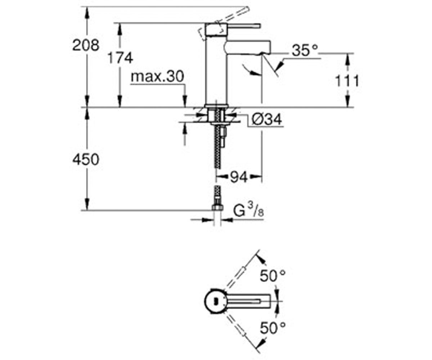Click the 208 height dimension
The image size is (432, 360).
[x=86, y=45]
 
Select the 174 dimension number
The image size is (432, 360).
[x=120, y=58]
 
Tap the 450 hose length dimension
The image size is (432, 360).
[x=86, y=159]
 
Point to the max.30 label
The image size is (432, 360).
[x=157, y=76]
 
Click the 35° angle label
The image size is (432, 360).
[x=305, y=50]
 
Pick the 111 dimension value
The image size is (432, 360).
[x=347, y=81]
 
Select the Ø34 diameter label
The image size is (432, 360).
[x=267, y=120]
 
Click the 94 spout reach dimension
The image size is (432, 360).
[x=239, y=177]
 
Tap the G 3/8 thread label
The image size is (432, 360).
[x=248, y=210]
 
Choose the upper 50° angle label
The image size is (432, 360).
[x=273, y=276]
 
